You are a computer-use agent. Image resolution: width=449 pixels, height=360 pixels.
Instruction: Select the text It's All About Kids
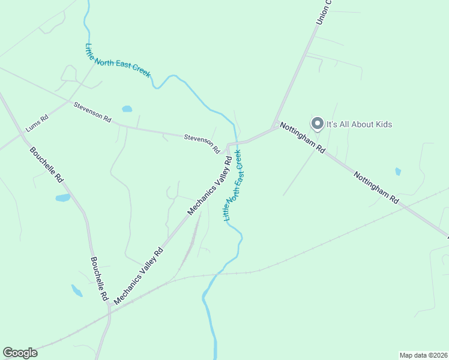359,124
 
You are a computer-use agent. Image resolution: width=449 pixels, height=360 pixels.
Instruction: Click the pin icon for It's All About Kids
317,124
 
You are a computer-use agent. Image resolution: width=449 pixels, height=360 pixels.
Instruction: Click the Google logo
20,353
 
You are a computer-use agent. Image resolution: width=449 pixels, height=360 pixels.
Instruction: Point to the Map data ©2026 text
423,355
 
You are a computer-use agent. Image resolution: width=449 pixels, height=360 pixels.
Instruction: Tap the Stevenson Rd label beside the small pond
92,112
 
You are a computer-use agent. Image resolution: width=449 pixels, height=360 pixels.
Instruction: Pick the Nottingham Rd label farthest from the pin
376,188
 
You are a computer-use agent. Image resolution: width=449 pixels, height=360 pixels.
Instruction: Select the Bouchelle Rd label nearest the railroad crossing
99,279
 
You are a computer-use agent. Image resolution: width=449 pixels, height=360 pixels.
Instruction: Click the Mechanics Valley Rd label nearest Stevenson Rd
209,186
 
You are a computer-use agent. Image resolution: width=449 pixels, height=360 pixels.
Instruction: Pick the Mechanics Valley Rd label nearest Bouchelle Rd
138,276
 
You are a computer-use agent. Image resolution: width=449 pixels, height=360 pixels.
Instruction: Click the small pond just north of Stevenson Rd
127,109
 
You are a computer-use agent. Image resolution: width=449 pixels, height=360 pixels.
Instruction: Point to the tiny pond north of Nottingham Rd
398,172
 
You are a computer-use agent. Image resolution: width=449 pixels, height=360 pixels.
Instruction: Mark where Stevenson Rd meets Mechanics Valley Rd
228,146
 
